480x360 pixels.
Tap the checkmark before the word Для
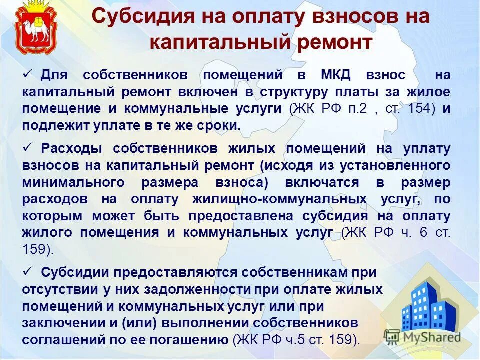(x=28, y=74)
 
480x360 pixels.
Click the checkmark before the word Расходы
(x=28, y=148)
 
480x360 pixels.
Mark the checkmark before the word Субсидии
(x=28, y=271)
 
